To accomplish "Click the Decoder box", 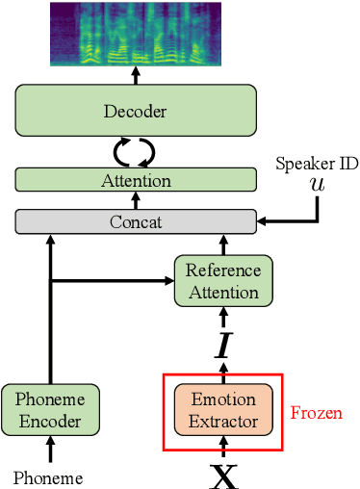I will click(136, 110).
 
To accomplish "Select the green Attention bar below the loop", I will click(136, 180).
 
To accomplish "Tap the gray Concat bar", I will click(136, 221).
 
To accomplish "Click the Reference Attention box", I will click(222, 281).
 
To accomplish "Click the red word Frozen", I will click(316, 413).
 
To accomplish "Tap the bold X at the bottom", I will click(222, 476).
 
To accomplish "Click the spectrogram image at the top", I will click(136, 34).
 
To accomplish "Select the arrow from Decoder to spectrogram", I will click(136, 75).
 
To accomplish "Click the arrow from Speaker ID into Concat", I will click(289, 221).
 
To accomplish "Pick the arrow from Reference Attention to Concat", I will click(222, 244).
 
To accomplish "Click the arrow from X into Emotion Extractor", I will click(222, 446).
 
